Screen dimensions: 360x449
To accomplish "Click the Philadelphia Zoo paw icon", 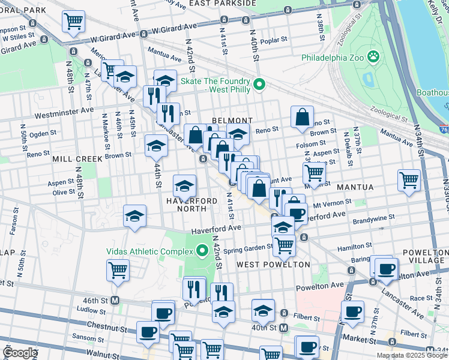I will (x=373, y=56).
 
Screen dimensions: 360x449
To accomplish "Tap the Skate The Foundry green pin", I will (x=259, y=84).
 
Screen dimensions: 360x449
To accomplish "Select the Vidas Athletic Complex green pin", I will (x=202, y=249).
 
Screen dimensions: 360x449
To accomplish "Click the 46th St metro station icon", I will (x=114, y=300).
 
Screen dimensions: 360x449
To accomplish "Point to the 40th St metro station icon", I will (x=284, y=328).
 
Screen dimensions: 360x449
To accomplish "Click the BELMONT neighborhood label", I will (x=231, y=120).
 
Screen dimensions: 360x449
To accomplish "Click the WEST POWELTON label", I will (x=273, y=264).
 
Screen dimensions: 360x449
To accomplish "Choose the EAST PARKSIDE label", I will (x=222, y=4).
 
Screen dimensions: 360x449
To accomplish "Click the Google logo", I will (x=20, y=353).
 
